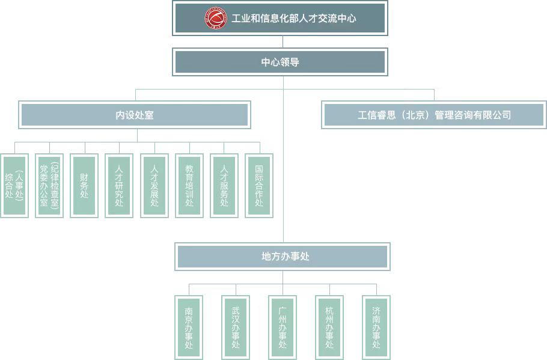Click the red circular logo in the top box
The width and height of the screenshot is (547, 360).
tap(215, 18)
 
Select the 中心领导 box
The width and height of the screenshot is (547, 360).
tap(280, 62)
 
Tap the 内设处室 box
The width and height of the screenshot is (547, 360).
tap(135, 115)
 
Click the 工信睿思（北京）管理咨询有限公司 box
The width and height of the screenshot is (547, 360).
tap(434, 115)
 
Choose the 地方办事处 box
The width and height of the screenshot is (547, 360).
tap(283, 257)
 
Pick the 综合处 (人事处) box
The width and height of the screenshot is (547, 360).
tap(14, 185)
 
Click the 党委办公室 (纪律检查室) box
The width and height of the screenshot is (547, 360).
tap(49, 185)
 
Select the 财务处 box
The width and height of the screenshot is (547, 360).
tap(84, 185)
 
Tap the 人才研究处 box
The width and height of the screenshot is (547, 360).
tap(119, 185)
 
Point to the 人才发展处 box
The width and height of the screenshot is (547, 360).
tap(154, 185)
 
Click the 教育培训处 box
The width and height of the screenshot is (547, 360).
tap(189, 185)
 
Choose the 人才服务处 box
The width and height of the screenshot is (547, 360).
tap(224, 185)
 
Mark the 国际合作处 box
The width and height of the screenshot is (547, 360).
tap(260, 185)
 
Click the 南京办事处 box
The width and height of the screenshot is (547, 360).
tap(189, 328)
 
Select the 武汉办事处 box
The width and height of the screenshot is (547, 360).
tap(236, 328)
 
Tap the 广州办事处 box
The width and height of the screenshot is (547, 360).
tap(283, 328)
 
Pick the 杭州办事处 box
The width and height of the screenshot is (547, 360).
tap(329, 328)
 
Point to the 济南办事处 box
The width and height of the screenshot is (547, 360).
tap(376, 328)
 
